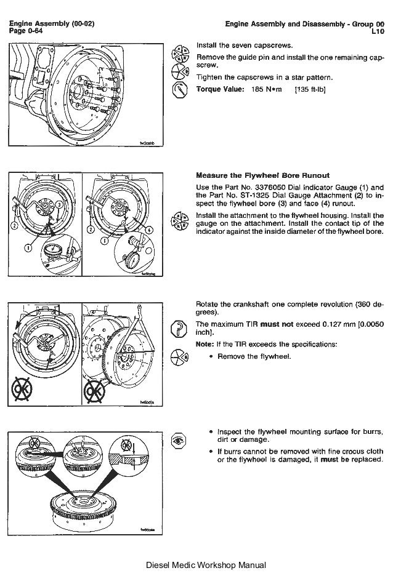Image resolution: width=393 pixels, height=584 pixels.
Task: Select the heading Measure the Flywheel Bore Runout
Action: click(262, 175)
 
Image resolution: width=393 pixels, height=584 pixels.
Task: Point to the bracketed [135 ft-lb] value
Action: click(310, 89)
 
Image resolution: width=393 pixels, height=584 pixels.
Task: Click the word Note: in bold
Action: click(205, 343)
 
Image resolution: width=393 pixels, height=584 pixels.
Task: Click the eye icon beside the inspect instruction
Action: click(179, 441)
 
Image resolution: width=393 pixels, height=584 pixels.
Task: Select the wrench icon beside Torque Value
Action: click(179, 90)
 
